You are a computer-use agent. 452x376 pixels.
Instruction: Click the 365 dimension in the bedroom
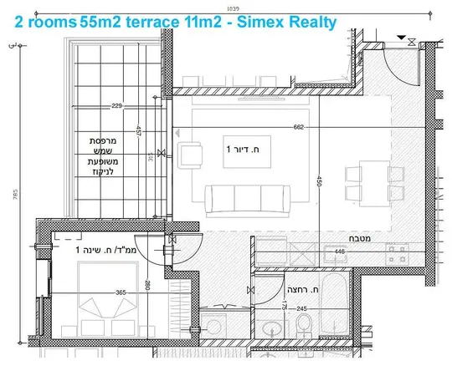pyautogui.click(x=121, y=292)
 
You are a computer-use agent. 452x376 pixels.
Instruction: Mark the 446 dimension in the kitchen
pyautogui.click(x=339, y=249)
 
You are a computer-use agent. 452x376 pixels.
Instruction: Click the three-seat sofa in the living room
pyautogui.click(x=244, y=197)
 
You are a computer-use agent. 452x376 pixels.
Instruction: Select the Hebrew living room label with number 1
pyautogui.click(x=243, y=149)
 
